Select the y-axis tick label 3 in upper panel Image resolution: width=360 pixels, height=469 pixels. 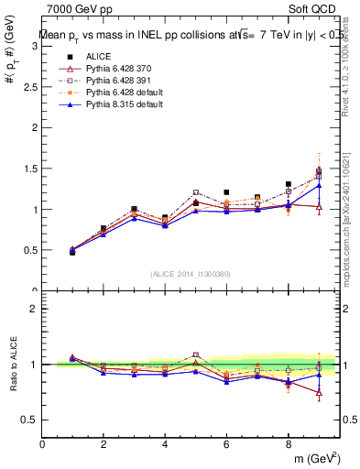tap(35, 47)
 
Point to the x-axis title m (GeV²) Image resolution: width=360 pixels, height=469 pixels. tap(316, 457)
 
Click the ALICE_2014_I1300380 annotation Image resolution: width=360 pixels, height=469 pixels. tap(191, 274)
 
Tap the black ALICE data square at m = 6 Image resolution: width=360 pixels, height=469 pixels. tap(226, 192)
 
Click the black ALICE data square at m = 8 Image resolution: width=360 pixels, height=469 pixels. tap(288, 184)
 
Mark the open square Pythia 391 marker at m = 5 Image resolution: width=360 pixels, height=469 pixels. tap(196, 193)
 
